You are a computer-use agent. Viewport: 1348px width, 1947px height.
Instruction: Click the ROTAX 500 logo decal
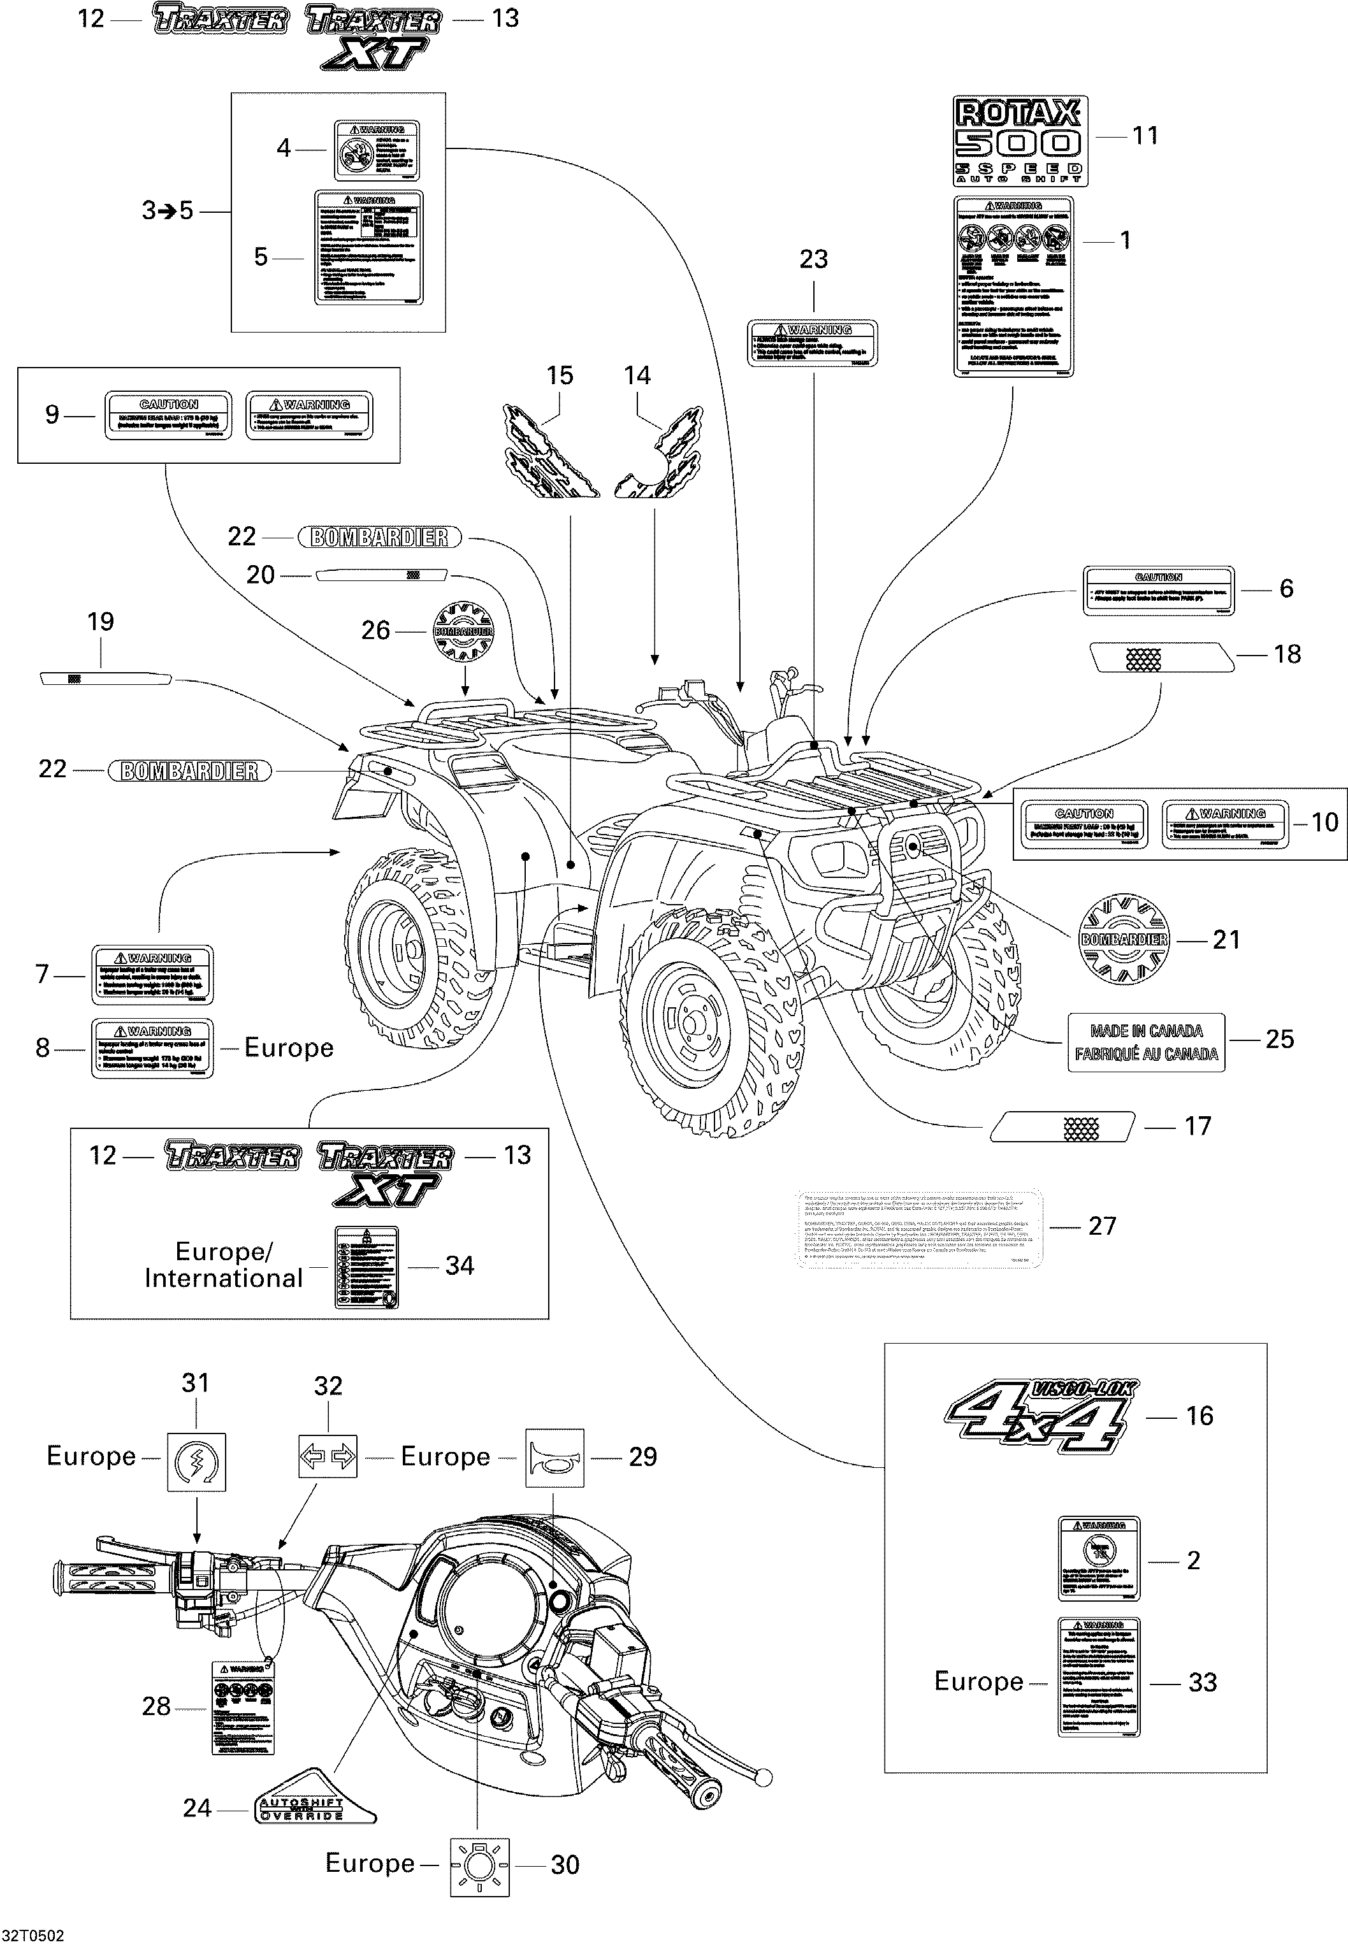tap(1020, 140)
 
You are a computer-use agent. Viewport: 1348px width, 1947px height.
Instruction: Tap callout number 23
tap(813, 259)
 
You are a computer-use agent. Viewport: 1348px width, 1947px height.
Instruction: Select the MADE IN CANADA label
tap(1145, 1042)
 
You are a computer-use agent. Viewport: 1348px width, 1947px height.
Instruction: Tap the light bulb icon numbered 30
tap(480, 1865)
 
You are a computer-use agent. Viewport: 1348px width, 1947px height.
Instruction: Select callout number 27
tap(1101, 1226)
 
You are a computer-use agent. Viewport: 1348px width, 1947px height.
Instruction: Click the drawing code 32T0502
tap(33, 1935)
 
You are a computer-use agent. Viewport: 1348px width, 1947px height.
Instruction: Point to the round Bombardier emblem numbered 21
tap(1124, 939)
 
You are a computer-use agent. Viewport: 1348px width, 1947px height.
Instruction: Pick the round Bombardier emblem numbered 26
tap(463, 631)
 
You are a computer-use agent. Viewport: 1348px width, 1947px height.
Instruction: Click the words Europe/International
tap(223, 1265)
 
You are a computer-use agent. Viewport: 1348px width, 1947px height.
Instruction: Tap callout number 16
tap(1199, 1416)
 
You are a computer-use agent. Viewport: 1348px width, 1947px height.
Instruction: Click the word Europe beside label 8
tap(289, 1048)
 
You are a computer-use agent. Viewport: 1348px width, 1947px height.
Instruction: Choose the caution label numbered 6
tap(1158, 589)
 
